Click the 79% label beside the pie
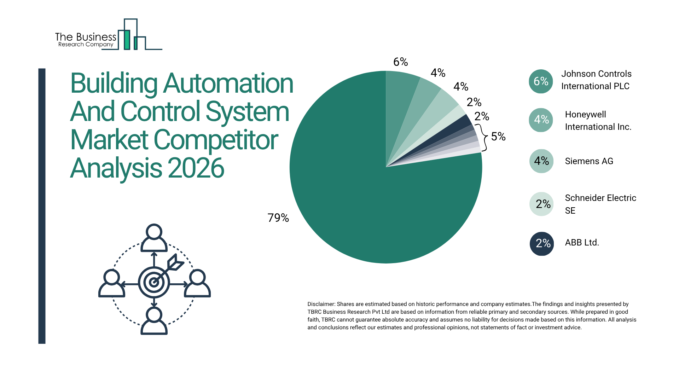pos(278,218)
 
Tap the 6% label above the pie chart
pos(400,62)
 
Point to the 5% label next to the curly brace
pos(498,137)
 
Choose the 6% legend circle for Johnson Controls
pos(541,81)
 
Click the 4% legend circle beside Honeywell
pos(541,120)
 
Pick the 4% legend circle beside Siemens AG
pos(541,161)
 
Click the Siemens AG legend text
pos(589,161)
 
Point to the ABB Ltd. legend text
pos(582,243)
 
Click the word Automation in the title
pos(228,83)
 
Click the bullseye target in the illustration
pos(154,282)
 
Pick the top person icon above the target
pos(154,238)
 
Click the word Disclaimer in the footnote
pos(321,304)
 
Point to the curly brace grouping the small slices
pos(484,137)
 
